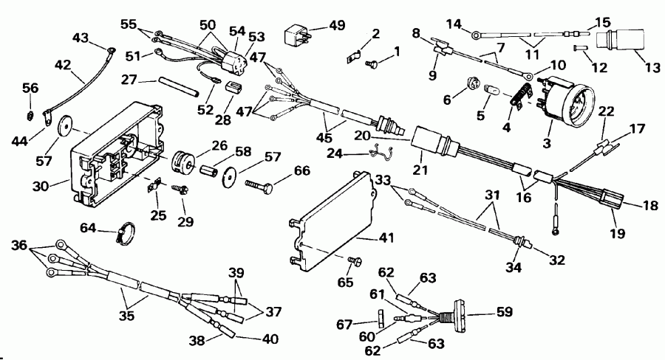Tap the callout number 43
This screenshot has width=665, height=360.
(x=78, y=37)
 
